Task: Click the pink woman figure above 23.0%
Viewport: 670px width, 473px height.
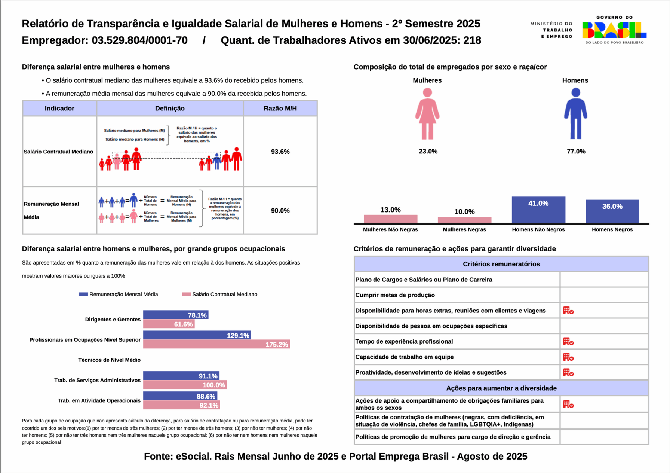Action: [427, 114]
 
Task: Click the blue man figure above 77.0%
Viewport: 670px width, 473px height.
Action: [575, 114]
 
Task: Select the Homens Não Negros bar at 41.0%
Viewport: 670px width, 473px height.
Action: [538, 210]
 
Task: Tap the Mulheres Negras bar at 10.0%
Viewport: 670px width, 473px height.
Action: [464, 220]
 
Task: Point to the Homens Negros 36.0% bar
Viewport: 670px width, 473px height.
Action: [612, 211]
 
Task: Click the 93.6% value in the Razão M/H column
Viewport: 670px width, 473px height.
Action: [280, 152]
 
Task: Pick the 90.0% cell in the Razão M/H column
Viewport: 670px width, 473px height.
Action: [280, 211]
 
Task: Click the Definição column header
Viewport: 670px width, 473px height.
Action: [170, 108]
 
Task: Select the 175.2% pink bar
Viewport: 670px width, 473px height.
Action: [216, 344]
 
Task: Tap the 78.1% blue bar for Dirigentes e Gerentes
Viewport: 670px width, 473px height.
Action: [175, 315]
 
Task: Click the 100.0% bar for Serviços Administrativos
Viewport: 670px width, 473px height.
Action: [185, 385]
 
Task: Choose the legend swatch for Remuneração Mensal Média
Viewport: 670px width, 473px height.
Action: [83, 295]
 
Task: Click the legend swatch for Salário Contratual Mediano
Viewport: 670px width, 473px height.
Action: [186, 295]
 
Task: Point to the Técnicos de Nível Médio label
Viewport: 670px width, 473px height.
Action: [109, 360]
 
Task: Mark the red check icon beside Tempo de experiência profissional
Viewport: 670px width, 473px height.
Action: [568, 342]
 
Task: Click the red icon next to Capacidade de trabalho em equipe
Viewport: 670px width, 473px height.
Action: [568, 357]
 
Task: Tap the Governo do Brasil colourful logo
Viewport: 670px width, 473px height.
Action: [614, 30]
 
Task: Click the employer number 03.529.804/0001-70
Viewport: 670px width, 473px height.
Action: [139, 40]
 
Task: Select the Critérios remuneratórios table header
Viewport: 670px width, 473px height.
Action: [501, 264]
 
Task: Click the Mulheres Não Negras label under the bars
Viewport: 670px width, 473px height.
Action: [390, 229]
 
